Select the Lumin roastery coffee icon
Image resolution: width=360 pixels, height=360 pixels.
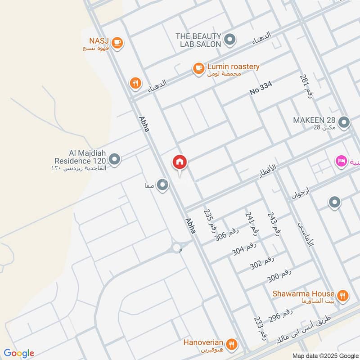click(x=198, y=68)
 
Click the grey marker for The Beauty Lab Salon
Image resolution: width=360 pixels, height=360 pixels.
click(x=230, y=40)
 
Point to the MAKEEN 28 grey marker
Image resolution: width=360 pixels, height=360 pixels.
click(x=344, y=123)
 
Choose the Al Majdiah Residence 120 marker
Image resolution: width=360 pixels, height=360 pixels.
click(x=115, y=159)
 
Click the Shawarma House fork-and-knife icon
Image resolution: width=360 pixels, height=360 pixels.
click(x=342, y=296)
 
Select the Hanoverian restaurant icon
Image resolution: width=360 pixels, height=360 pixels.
click(x=231, y=345)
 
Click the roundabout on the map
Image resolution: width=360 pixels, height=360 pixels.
click(x=176, y=247)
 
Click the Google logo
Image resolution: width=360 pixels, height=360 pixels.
click(x=19, y=353)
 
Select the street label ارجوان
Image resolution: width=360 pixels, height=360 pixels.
click(x=299, y=194)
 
